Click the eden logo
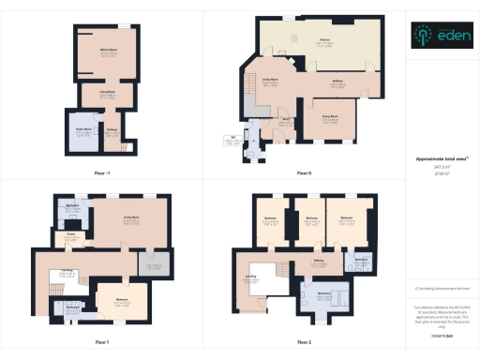[x=440, y=36]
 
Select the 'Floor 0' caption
[x=304, y=173]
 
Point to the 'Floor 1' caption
[x=102, y=341]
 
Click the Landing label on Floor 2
[x=251, y=277]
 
